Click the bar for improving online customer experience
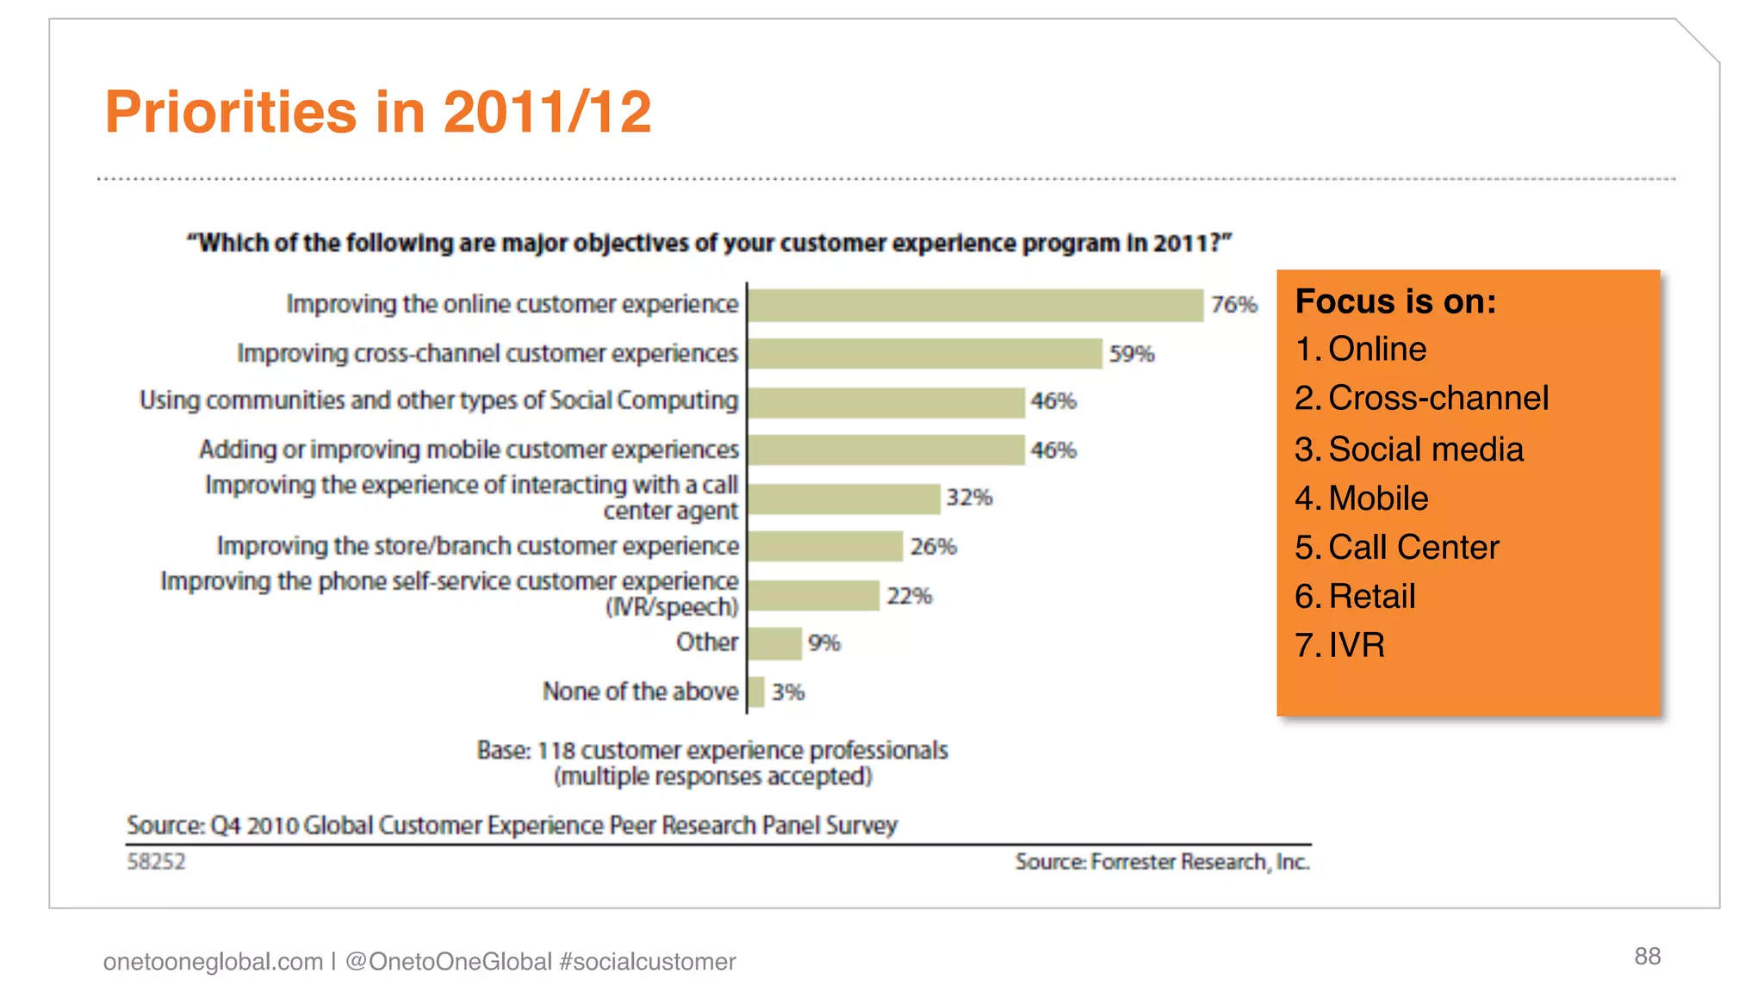[975, 305]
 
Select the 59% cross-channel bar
[925, 353]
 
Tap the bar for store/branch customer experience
[825, 546]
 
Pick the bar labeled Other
[774, 643]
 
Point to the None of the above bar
[756, 691]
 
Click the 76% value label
[1233, 305]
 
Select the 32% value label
[969, 498]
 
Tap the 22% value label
[910, 596]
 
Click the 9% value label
[824, 643]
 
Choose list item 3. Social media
[1409, 449]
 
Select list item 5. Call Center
[1397, 548]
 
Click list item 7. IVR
[1340, 646]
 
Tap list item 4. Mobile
[1362, 499]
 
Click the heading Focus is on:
[1395, 302]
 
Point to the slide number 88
[1647, 957]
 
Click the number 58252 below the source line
[156, 862]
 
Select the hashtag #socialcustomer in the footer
[648, 962]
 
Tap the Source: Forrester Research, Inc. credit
[1162, 862]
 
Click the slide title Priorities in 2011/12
[378, 113]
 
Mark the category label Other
[706, 642]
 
